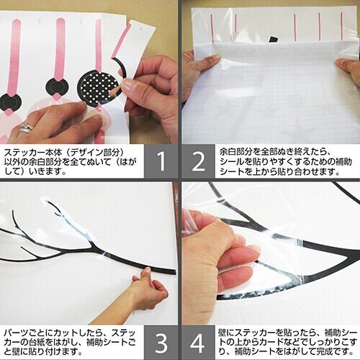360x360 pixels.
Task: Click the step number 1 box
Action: point(161,161)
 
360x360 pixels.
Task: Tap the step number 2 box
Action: point(198,161)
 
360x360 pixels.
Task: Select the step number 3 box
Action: point(161,343)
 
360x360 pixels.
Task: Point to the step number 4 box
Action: point(198,343)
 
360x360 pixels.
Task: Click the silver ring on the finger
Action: point(27,127)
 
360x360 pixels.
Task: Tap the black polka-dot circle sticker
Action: point(99,88)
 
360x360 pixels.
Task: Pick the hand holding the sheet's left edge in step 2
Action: point(200,70)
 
